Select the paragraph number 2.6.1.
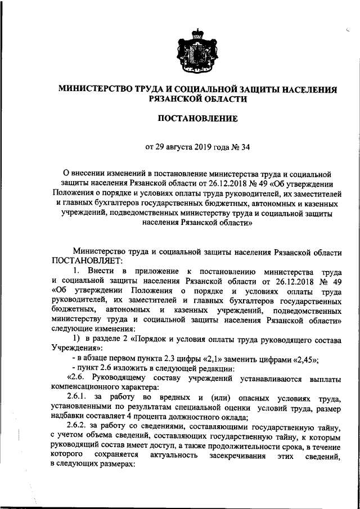point(78,399)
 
